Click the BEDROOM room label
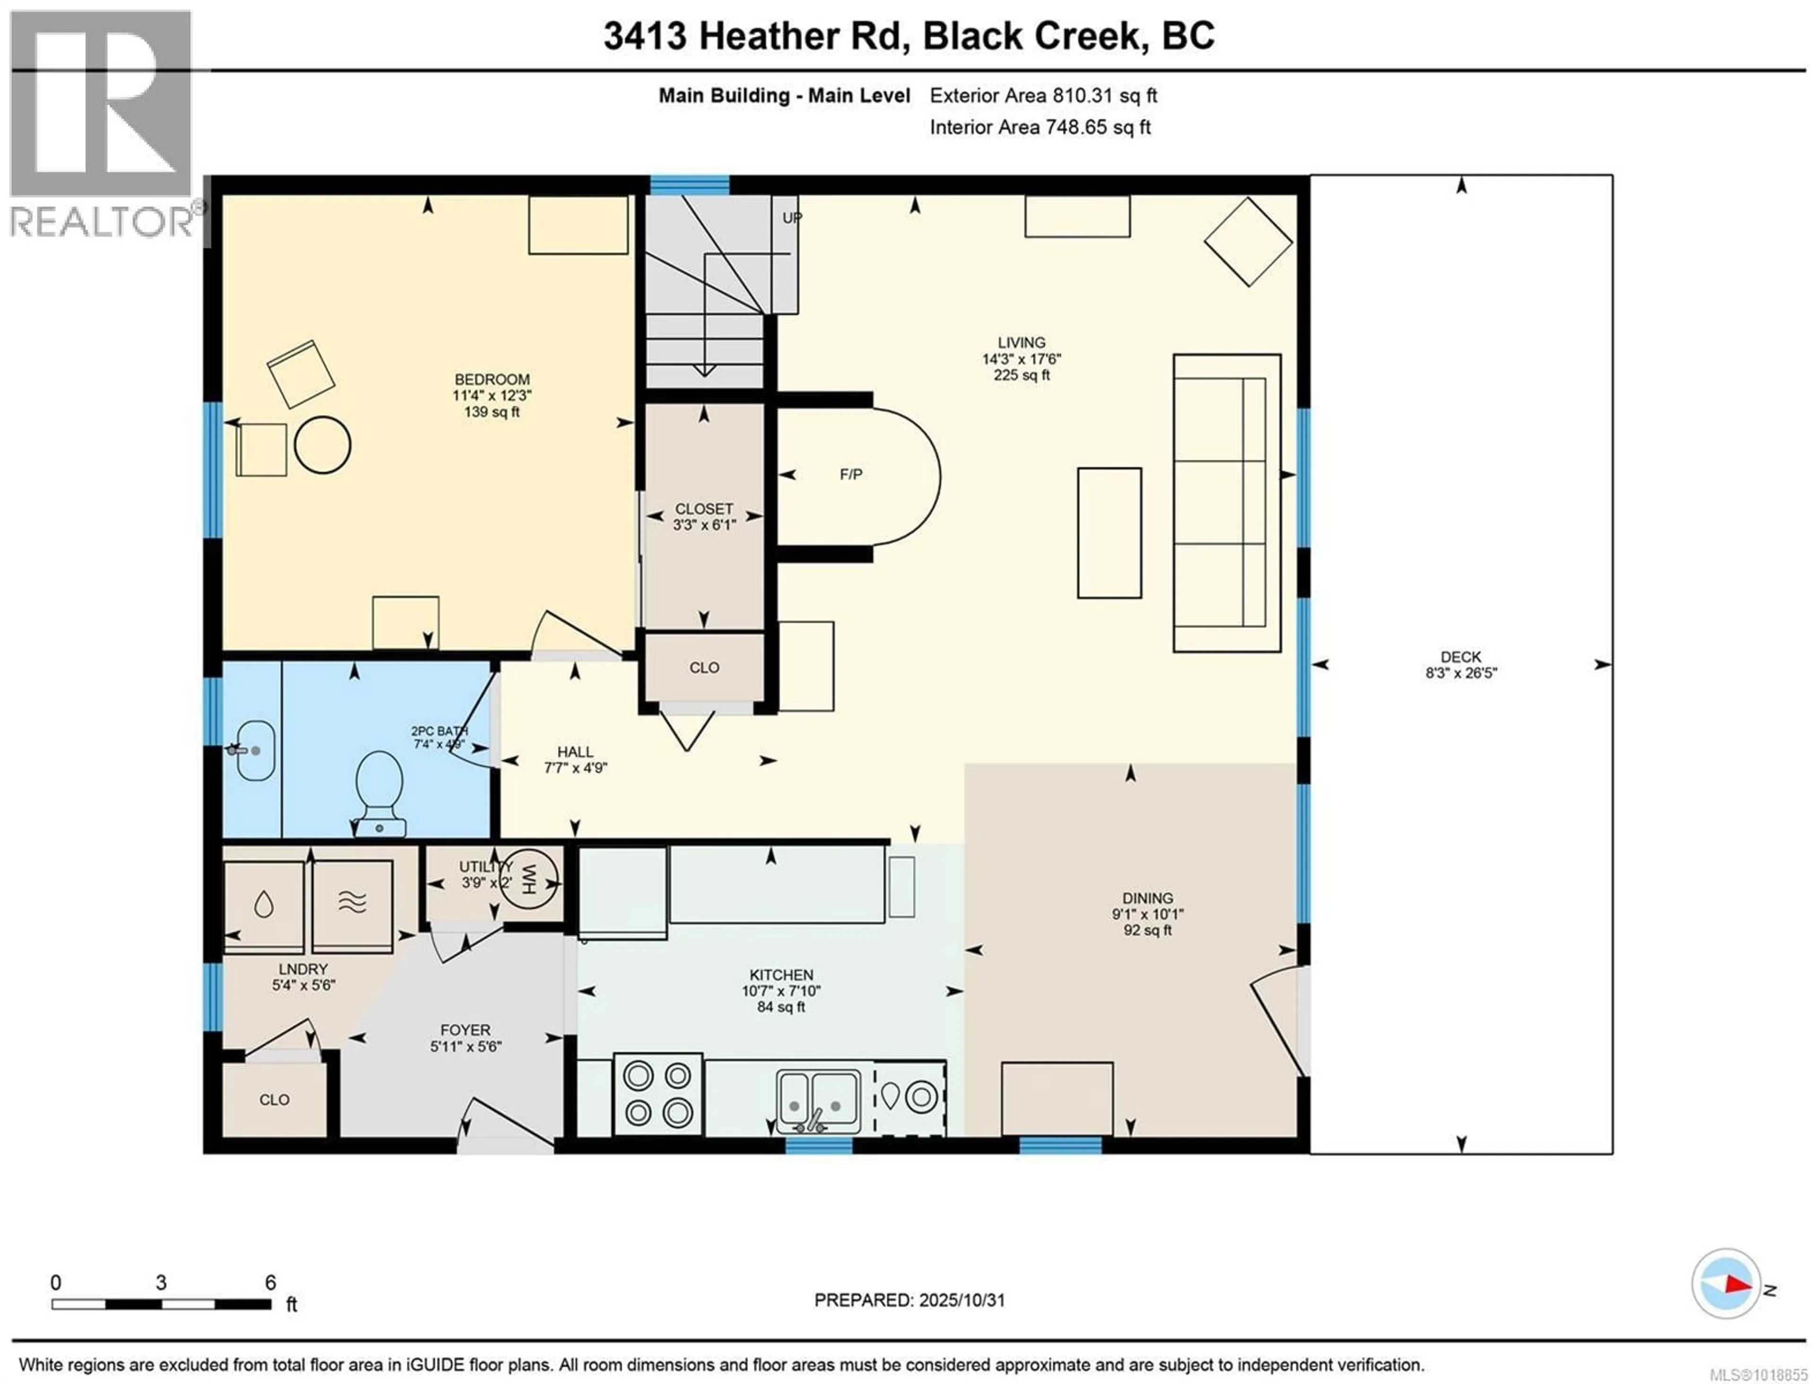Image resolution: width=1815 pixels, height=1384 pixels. tap(492, 380)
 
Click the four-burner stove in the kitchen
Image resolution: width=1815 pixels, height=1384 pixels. tap(657, 1094)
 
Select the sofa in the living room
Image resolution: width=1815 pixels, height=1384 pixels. tap(1226, 502)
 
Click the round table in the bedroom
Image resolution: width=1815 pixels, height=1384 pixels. tap(322, 445)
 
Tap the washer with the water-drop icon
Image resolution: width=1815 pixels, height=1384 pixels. tap(264, 906)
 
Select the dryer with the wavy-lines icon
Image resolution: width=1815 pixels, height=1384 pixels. tap(352, 906)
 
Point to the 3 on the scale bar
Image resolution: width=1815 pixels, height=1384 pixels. tap(161, 1283)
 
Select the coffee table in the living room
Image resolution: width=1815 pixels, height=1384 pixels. tap(1109, 533)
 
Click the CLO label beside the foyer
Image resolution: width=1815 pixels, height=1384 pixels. tap(274, 1100)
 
